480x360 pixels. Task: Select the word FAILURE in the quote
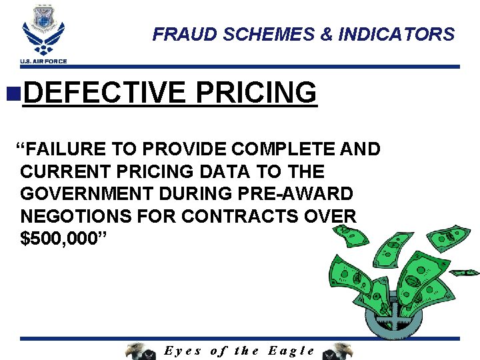(x=63, y=149)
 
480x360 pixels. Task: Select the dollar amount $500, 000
(x=61, y=239)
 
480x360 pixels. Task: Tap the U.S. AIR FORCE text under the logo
(x=43, y=61)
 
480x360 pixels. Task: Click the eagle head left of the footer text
(x=140, y=351)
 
